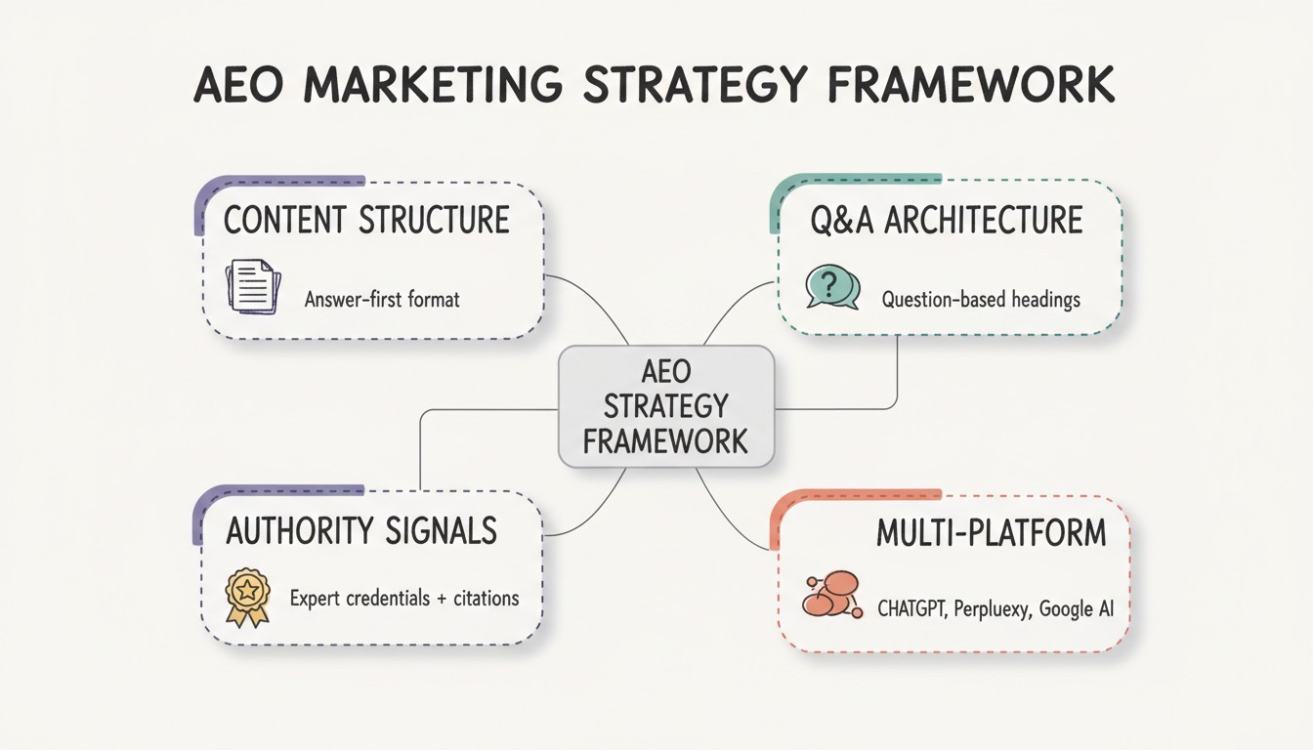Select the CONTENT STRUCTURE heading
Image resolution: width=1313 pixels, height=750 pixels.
[366, 220]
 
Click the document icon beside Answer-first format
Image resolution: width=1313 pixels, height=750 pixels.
[253, 286]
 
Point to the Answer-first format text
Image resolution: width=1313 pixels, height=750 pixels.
[382, 299]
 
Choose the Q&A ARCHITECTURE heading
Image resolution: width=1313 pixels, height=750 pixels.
[947, 220]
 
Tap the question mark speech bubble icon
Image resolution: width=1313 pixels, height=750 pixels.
[831, 287]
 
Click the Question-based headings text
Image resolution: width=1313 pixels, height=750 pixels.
[981, 299]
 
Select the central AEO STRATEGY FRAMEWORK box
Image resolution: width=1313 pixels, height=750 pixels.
[666, 406]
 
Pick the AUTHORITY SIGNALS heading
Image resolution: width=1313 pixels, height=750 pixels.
[361, 530]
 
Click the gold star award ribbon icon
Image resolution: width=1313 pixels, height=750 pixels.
[247, 596]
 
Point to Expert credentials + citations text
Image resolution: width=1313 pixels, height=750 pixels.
[404, 597]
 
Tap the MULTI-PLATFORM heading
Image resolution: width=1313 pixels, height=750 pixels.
[991, 532]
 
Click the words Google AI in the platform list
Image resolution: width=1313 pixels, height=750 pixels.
[1076, 609]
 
